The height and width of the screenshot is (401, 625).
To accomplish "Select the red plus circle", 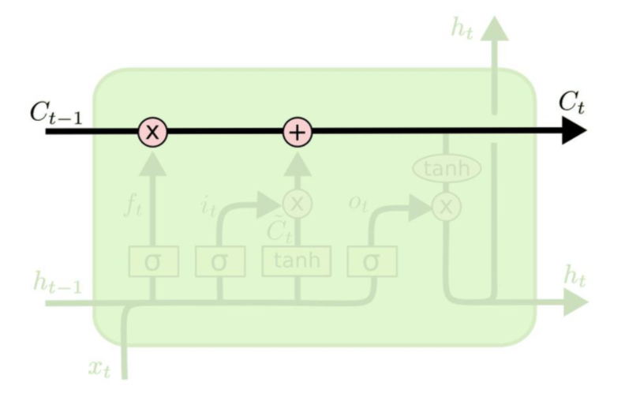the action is pos(298,132).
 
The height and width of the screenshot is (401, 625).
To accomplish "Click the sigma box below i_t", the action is pos(219,261).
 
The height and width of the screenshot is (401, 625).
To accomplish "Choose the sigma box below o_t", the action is pos(372,261).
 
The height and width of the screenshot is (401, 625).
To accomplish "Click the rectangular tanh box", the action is pos(297,261).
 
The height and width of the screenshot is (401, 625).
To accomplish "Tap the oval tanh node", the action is pos(447,168).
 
